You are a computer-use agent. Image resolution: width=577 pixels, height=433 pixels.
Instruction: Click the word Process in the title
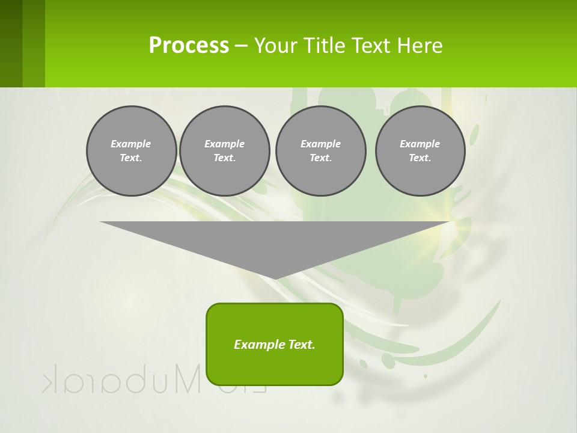pyautogui.click(x=189, y=46)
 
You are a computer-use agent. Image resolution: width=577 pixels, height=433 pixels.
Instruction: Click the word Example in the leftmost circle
pyautogui.click(x=131, y=144)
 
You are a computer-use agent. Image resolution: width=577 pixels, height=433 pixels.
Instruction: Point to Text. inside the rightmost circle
pyautogui.click(x=420, y=158)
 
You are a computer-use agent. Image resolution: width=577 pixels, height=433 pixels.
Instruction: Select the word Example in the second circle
pyautogui.click(x=224, y=144)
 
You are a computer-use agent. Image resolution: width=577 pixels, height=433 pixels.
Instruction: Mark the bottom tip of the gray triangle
pyautogui.click(x=275, y=278)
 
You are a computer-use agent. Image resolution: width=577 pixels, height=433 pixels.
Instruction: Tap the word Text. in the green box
pyautogui.click(x=302, y=345)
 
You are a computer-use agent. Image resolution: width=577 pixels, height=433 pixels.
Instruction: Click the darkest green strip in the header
pyautogui.click(x=11, y=43)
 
